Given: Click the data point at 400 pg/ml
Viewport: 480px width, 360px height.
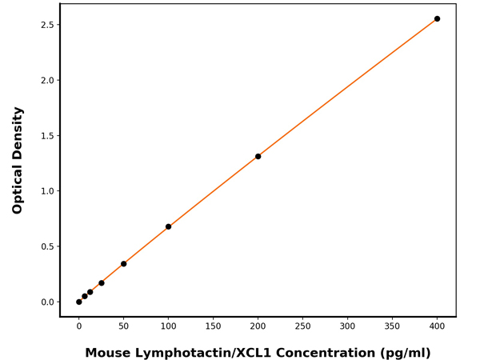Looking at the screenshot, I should [437, 18].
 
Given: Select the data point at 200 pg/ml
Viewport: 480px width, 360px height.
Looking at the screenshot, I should [258, 156].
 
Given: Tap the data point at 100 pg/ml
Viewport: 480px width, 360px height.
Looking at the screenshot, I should [168, 226].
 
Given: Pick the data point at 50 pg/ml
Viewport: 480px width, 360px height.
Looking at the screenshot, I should [123, 264].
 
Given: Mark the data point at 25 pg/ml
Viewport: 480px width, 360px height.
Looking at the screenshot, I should [101, 282].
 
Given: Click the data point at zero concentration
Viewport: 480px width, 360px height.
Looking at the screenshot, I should [78, 302].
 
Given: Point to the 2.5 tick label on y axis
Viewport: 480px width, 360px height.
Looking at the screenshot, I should [46, 25].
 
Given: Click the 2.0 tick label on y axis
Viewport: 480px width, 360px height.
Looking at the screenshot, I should [46, 80].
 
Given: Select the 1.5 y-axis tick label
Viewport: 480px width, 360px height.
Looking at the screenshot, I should [46, 136].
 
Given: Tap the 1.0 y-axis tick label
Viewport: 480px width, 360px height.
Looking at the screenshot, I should [46, 191].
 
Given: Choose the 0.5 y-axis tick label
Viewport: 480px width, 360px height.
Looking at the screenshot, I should [46, 246].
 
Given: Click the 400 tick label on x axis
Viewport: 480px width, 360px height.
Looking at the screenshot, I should [437, 326].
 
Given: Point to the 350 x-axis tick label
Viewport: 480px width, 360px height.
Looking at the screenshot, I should [392, 326].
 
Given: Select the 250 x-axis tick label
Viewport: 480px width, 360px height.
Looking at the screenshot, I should [302, 326].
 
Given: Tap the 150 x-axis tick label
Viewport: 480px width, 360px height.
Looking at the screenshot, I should [213, 326].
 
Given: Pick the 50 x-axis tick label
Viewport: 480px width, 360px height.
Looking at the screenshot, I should [123, 326].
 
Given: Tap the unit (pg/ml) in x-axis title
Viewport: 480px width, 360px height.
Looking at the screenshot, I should [406, 353].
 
